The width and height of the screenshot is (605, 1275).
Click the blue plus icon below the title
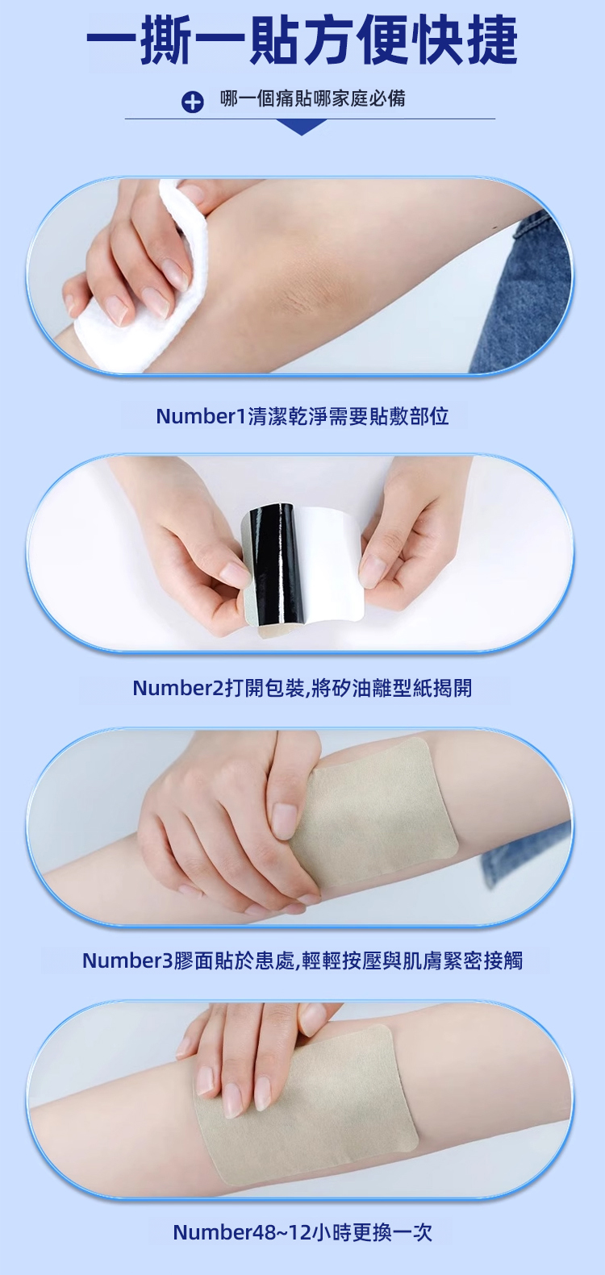[x=192, y=102]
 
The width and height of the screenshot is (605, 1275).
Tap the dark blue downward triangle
[x=302, y=127]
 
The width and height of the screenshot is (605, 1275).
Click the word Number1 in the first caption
[x=202, y=416]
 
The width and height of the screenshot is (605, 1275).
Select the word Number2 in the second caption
[x=179, y=688]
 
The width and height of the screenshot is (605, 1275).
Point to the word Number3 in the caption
[x=127, y=960]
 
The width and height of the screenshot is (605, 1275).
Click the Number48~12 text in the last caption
[x=242, y=1232]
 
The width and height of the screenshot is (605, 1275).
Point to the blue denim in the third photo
[x=527, y=854]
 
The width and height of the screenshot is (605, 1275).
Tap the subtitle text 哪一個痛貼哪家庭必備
[x=312, y=98]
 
